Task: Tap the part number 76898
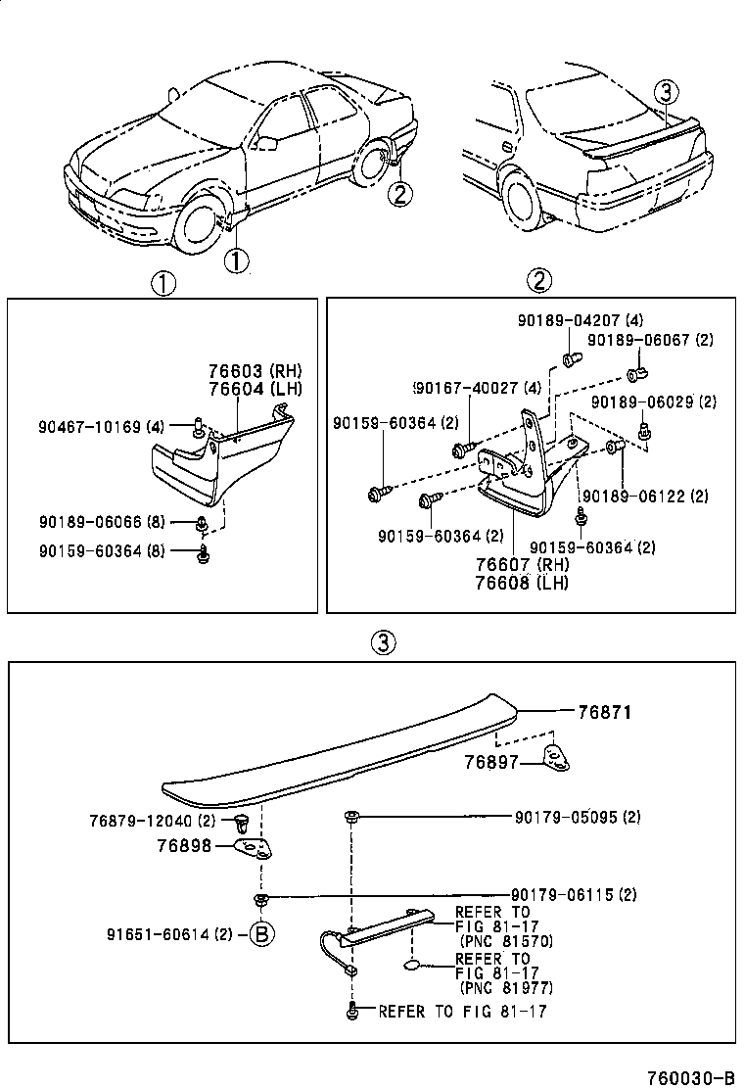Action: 183,844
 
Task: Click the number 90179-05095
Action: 565,817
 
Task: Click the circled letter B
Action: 260,934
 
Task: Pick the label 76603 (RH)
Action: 255,371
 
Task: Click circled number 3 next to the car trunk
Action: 666,93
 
